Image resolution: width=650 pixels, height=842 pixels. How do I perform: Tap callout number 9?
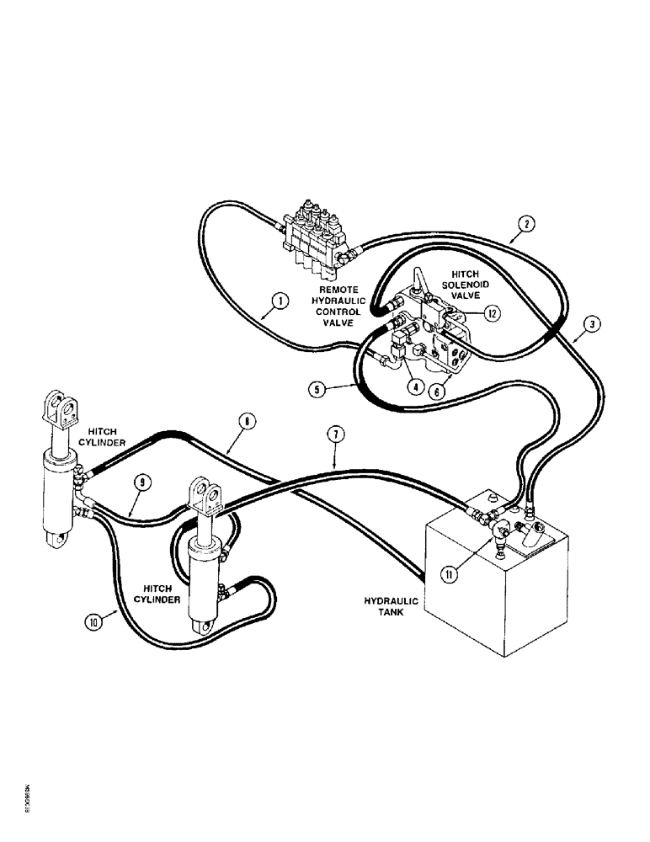click(144, 482)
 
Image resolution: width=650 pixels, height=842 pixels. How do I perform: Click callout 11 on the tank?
click(449, 575)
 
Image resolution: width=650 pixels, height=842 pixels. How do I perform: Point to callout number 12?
click(493, 314)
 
